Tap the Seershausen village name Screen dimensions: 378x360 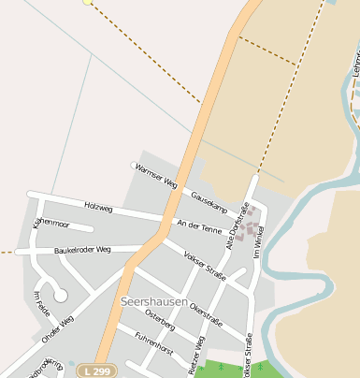155,301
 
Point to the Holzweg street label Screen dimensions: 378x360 98,205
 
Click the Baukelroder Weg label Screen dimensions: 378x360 82,250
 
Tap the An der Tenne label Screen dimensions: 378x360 199,226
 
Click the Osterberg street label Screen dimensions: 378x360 160,323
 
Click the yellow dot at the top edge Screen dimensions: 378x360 87,2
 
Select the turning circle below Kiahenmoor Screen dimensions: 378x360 61,296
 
